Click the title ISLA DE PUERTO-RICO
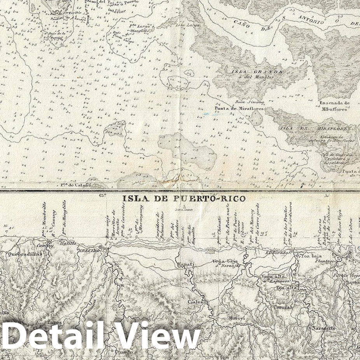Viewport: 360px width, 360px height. tap(184, 198)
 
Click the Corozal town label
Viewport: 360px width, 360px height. tap(283, 307)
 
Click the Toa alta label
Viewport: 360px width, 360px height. tap(286, 288)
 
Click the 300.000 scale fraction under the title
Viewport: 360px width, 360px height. tap(184, 210)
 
